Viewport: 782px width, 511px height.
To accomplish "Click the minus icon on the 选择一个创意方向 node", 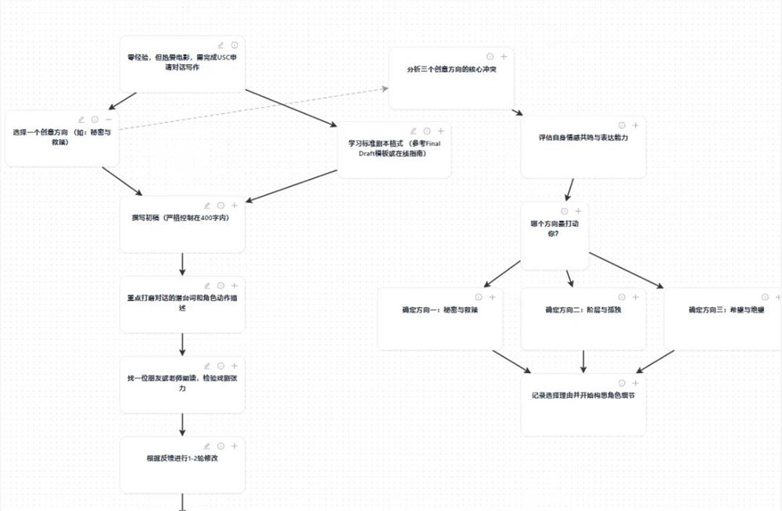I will (x=108, y=120).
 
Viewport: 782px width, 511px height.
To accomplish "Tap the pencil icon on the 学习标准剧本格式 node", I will (x=413, y=131).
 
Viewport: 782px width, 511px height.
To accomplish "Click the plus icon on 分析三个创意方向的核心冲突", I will (x=504, y=56).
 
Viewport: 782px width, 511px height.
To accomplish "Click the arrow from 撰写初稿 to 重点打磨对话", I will (x=182, y=263).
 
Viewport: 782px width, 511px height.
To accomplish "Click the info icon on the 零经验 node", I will (x=234, y=45).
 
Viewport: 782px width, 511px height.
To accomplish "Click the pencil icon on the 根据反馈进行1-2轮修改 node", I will (x=207, y=445).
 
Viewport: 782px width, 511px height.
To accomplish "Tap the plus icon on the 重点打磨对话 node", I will (x=234, y=286).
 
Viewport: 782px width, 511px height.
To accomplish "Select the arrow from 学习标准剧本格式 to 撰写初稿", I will (x=293, y=184).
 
